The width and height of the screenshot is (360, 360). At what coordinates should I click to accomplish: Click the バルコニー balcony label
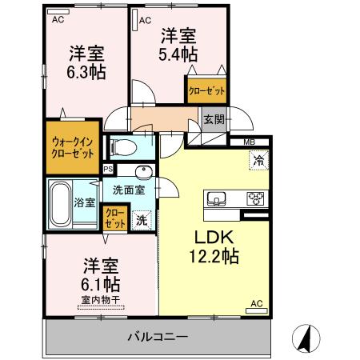pos(157,337)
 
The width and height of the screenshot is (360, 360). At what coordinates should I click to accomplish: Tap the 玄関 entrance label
pos(214,119)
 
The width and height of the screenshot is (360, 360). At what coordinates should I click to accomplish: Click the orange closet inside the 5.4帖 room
pos(206,90)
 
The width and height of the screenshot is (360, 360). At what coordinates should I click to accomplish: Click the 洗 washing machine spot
pos(141,219)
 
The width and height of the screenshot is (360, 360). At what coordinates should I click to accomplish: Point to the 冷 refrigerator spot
pos(258,160)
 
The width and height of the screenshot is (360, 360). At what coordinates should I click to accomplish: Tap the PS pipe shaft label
pos(108,169)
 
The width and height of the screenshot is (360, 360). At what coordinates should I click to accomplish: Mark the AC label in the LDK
pos(257,303)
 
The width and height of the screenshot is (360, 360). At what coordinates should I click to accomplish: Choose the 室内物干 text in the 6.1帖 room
pos(100,300)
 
